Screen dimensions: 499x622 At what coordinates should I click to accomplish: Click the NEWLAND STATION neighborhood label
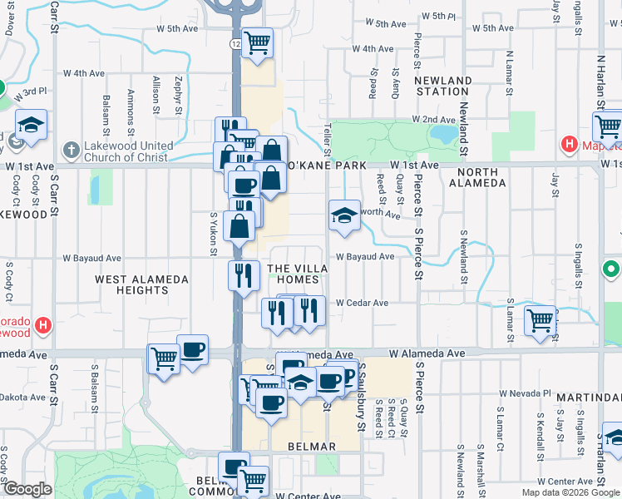point(443,86)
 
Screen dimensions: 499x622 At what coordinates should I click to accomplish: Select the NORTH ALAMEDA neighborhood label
point(476,177)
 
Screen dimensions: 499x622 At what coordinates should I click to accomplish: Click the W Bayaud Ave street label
point(365,257)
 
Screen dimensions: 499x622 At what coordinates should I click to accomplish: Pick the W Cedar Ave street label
point(363,304)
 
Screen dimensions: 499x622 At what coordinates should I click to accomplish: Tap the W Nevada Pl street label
point(525,393)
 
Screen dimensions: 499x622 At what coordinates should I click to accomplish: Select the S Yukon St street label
point(214,234)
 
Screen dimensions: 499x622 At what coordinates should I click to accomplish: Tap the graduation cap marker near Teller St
point(344,215)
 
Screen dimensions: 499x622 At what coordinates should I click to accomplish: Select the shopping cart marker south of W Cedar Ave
point(540,319)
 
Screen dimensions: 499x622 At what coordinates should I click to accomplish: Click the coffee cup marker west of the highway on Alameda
point(192,348)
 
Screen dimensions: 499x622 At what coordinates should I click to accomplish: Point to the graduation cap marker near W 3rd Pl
point(31,125)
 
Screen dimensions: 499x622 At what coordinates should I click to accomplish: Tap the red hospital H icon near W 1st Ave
point(570,145)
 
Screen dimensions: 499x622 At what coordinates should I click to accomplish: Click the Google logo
point(27,489)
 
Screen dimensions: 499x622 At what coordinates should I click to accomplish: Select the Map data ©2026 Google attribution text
point(570,492)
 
